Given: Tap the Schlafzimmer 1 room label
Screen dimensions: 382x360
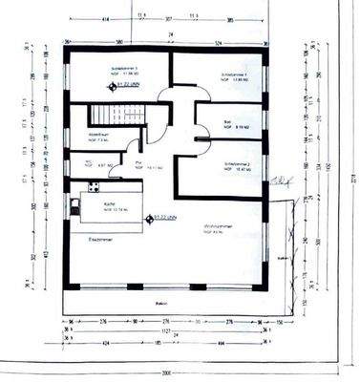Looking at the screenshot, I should (x=235, y=74).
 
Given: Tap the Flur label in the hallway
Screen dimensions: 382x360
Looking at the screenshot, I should (x=140, y=164).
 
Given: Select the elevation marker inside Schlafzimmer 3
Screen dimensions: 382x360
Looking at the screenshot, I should (x=113, y=86).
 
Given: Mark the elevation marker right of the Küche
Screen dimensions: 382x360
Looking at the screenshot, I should (x=149, y=218).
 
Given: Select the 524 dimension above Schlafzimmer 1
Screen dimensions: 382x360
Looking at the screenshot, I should (x=218, y=42).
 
